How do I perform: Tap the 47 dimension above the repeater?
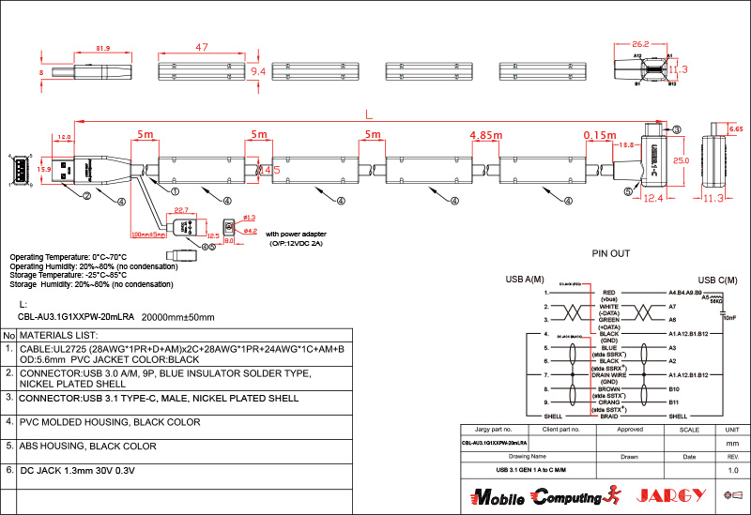pyautogui.click(x=202, y=47)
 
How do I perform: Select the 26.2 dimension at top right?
pyautogui.click(x=640, y=44)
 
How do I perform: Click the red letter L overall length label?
pyautogui.click(x=368, y=113)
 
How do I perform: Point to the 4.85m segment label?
pyautogui.click(x=484, y=136)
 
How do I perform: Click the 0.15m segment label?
pyautogui.click(x=600, y=136)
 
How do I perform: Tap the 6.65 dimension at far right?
pyautogui.click(x=736, y=129)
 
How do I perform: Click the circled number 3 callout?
pyautogui.click(x=677, y=129)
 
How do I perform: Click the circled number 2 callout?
pyautogui.click(x=86, y=196)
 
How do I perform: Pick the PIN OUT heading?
pyautogui.click(x=611, y=253)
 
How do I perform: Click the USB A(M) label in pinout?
pyautogui.click(x=525, y=280)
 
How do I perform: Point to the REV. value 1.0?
pyautogui.click(x=733, y=469)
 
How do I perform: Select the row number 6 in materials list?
pyautogui.click(x=8, y=469)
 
